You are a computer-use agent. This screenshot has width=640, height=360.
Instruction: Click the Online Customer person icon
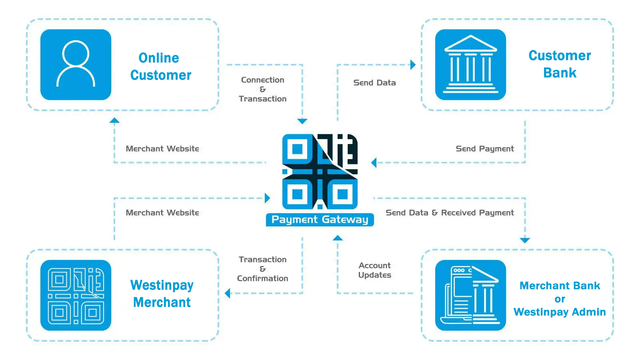click(76, 64)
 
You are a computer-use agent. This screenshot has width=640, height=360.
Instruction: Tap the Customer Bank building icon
click(470, 64)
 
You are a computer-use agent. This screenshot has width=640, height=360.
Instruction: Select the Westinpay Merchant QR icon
click(76, 295)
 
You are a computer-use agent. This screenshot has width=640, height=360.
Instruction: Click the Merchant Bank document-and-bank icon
click(470, 295)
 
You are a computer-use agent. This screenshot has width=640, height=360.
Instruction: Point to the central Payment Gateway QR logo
click(320, 171)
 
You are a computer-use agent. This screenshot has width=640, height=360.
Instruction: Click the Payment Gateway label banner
click(320, 220)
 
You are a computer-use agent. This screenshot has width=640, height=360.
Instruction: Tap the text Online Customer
click(160, 67)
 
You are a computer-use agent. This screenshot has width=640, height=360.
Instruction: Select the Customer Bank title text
click(560, 64)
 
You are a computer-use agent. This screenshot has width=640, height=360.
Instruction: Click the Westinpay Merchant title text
click(162, 293)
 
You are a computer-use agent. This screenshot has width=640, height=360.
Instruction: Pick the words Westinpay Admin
click(560, 312)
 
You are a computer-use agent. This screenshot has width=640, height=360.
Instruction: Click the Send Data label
click(375, 82)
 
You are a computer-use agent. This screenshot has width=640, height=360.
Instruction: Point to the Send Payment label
click(485, 149)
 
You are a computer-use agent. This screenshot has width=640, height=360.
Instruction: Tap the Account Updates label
click(375, 270)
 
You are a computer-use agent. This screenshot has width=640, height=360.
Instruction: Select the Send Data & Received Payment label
click(450, 213)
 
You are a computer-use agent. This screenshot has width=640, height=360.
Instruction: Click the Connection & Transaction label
click(262, 89)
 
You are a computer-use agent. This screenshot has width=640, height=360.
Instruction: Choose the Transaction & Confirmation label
click(262, 269)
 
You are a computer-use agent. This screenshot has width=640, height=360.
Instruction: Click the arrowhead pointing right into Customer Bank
click(413, 64)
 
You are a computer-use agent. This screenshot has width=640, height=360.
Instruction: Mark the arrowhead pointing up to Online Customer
click(114, 120)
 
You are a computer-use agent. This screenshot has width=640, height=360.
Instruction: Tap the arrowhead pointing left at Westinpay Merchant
click(227, 293)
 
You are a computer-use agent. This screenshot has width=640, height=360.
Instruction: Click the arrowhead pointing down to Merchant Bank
click(525, 240)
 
